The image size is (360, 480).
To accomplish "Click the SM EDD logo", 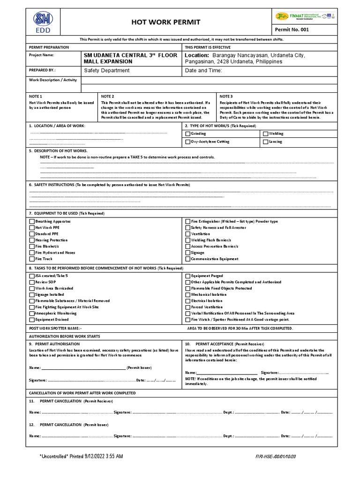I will tap(42, 22).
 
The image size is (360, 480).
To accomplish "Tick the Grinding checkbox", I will tap(188, 134).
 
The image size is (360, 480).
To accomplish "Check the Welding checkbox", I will tap(265, 134).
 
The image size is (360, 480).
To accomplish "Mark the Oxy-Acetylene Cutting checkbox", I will tap(188, 141).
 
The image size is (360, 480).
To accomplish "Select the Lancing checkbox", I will tap(265, 141).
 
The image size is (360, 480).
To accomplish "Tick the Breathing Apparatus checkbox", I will tap(32, 221).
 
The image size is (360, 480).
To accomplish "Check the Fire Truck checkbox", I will tap(32, 259).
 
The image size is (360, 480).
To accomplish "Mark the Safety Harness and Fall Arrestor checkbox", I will tap(188, 227).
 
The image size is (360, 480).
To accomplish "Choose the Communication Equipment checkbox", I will tap(188, 259).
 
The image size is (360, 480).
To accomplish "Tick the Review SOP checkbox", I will tap(32, 282).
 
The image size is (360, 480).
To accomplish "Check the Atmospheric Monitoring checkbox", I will tap(32, 313).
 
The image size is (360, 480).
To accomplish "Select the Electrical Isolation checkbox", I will tap(188, 301).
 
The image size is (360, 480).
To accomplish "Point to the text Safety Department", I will tap(106, 70).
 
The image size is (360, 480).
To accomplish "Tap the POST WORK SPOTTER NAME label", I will tap(55, 329).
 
